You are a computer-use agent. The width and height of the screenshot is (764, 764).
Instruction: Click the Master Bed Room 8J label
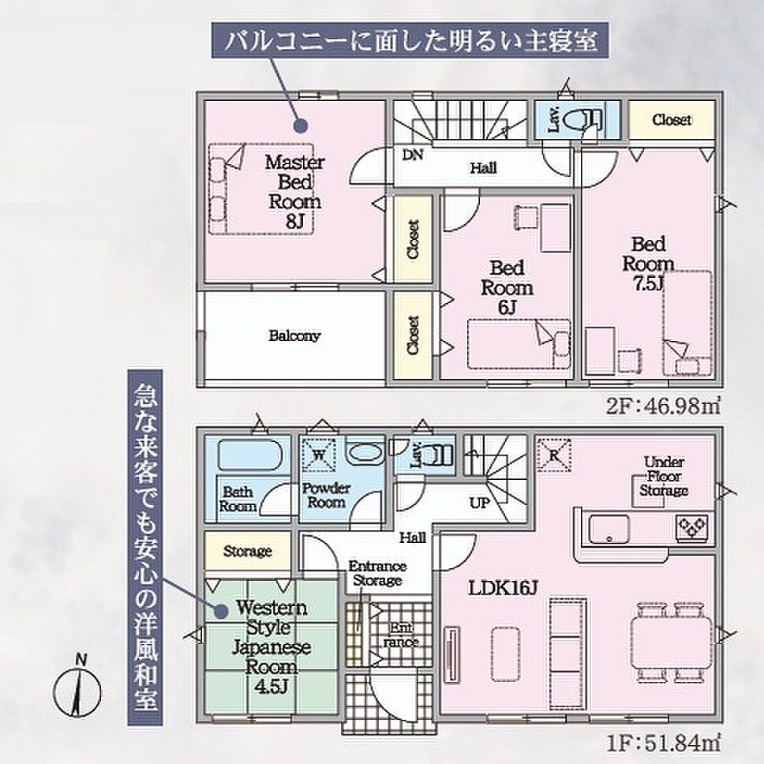click(x=294, y=192)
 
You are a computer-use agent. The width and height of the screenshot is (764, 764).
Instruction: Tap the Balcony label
click(x=294, y=335)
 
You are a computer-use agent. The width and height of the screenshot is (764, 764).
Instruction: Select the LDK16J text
click(x=502, y=588)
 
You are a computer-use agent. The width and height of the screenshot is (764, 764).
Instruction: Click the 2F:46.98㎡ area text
click(x=664, y=406)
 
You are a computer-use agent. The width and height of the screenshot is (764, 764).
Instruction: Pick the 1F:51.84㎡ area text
click(x=664, y=743)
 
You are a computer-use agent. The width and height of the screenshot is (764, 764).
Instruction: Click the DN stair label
click(x=412, y=155)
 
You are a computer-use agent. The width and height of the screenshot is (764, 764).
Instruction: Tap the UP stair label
click(x=479, y=503)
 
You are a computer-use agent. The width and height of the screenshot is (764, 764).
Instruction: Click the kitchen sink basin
click(x=609, y=529)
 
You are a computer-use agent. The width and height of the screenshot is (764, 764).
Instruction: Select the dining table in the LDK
click(x=671, y=642)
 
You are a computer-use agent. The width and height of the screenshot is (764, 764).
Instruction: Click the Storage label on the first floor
click(x=248, y=551)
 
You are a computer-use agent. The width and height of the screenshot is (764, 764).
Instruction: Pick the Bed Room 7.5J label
click(x=648, y=264)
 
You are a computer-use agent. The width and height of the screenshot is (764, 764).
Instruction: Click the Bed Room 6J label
click(x=507, y=287)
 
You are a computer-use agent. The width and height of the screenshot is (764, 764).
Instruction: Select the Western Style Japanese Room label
click(x=272, y=647)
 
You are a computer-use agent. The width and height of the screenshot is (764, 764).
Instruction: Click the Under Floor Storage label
click(x=664, y=476)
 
